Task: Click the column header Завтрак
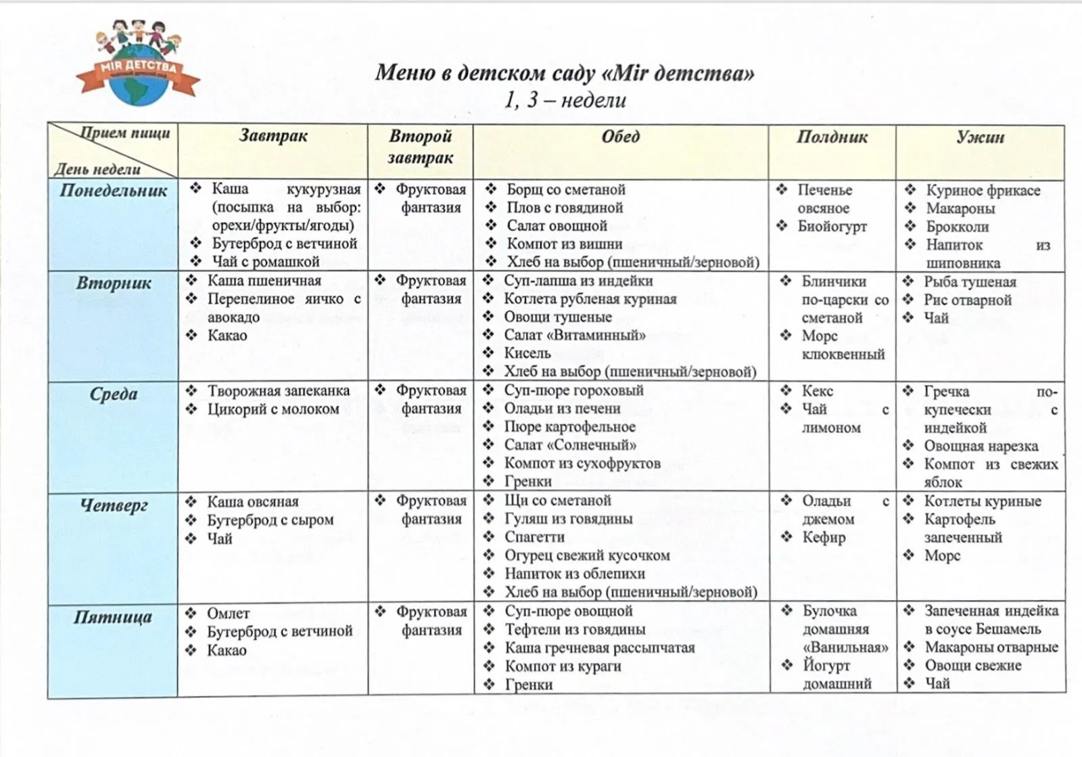[x=273, y=136]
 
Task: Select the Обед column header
[x=620, y=137]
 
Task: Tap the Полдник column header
[x=832, y=137]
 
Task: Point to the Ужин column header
[x=980, y=137]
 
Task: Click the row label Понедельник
[x=113, y=191]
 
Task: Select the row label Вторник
[x=113, y=283]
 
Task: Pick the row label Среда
[x=113, y=394]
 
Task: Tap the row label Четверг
[x=113, y=505]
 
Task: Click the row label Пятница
[x=113, y=617]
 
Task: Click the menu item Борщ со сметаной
[x=566, y=189]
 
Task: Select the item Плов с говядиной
[x=565, y=208]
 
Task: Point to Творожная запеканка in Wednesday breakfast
[x=279, y=391]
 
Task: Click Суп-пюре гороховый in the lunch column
[x=573, y=390]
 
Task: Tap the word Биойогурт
[x=832, y=227]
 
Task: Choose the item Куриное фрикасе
[x=983, y=190]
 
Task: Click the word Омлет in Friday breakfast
[x=228, y=614]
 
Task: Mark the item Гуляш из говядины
[x=569, y=519]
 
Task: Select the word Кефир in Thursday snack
[x=824, y=538]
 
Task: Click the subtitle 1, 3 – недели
[x=565, y=100]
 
